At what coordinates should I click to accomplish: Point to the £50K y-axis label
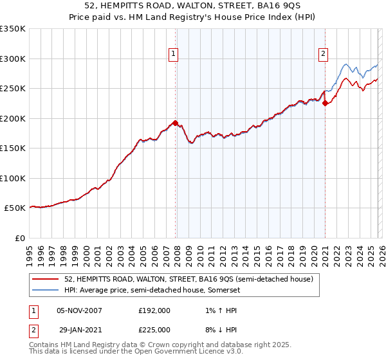14,208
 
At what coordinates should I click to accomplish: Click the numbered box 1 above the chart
174,55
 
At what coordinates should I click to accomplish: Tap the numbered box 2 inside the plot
323,55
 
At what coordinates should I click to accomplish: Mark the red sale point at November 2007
176,123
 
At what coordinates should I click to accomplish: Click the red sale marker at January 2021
326,103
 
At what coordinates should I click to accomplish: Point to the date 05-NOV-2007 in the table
79,310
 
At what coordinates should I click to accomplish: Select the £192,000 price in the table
154,310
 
